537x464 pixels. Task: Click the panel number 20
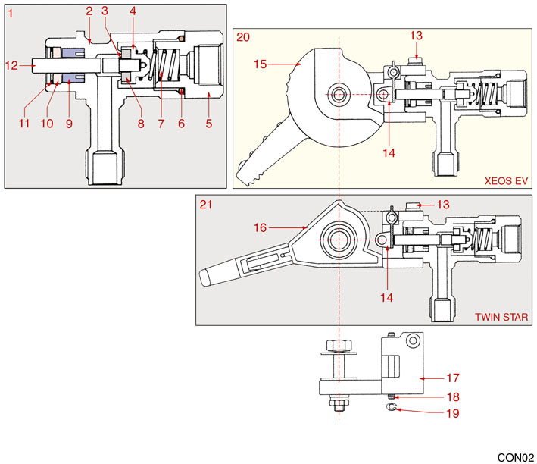pyautogui.click(x=243, y=36)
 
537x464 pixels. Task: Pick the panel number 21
pyautogui.click(x=204, y=205)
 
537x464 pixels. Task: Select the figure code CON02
pyautogui.click(x=515, y=457)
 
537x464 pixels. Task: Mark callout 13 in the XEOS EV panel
pyautogui.click(x=417, y=36)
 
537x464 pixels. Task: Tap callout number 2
pyautogui.click(x=89, y=11)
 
